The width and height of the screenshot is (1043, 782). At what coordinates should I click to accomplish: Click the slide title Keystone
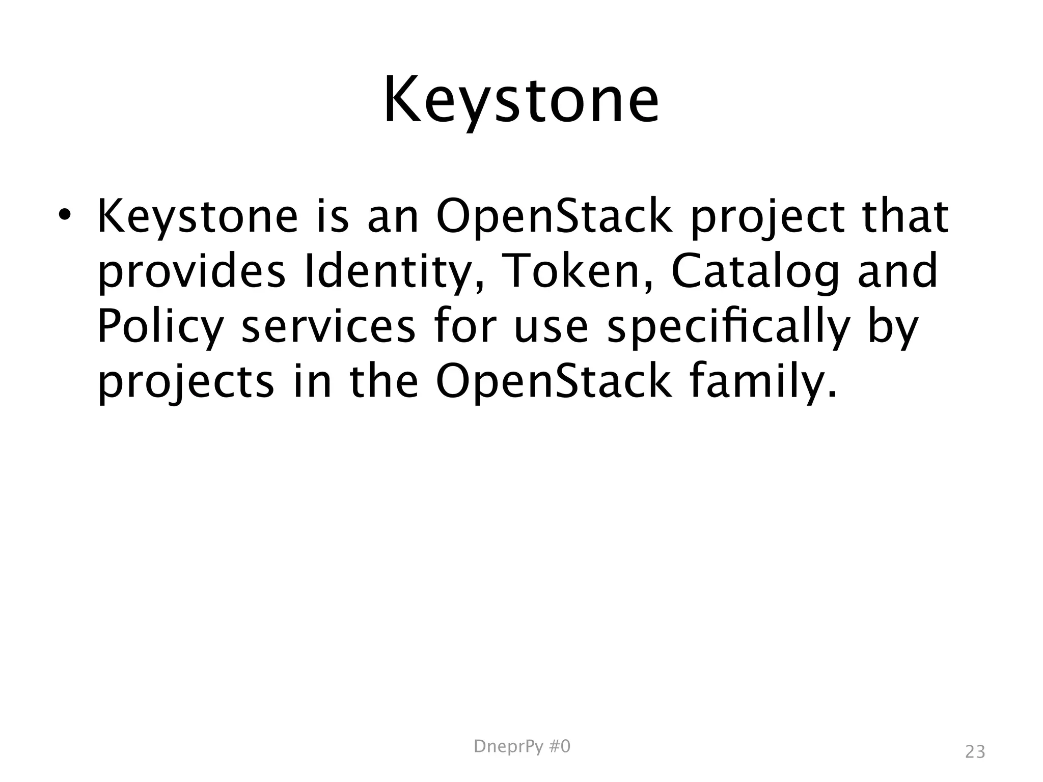pyautogui.click(x=521, y=101)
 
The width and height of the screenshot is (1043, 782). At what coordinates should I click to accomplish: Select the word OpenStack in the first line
pyautogui.click(x=554, y=218)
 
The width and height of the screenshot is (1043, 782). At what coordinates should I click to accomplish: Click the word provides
pyautogui.click(x=191, y=273)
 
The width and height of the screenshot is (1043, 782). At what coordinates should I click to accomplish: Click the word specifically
pyautogui.click(x=729, y=328)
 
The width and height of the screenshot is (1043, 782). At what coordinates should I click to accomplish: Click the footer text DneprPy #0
pyautogui.click(x=521, y=747)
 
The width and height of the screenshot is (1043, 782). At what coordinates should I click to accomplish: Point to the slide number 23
pyautogui.click(x=975, y=752)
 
